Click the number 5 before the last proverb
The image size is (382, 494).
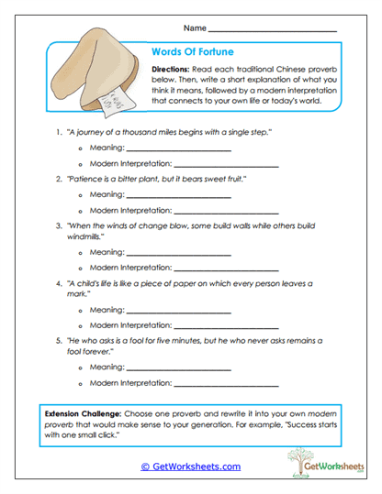click(x=58, y=340)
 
